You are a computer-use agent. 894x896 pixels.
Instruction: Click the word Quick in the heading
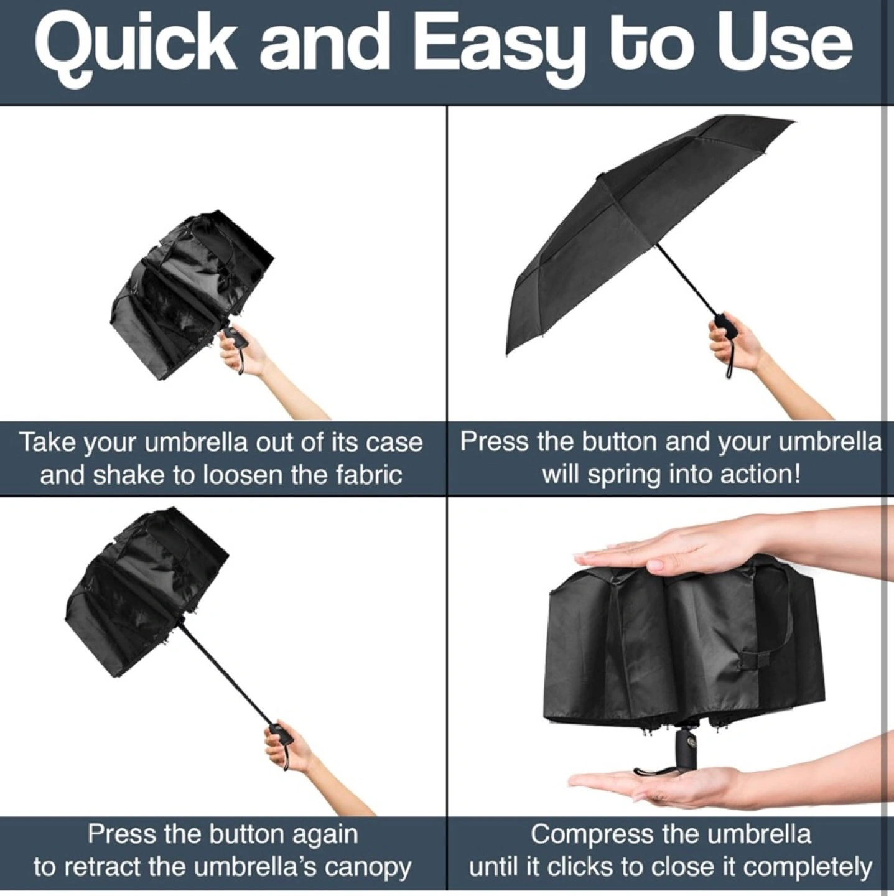pyautogui.click(x=135, y=49)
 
